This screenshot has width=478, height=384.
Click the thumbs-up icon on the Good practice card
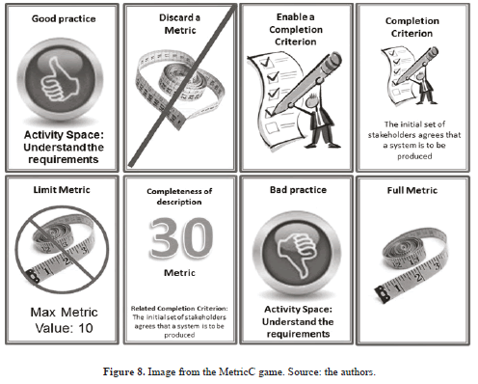coord(61,80)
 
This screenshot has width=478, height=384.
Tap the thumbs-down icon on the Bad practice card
coord(297,254)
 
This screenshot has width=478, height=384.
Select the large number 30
coord(181,238)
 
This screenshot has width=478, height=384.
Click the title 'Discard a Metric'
coord(180,24)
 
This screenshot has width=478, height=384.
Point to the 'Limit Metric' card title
coord(62,190)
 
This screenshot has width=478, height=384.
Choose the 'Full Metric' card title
coord(412,190)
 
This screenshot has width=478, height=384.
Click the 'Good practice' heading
coord(64,18)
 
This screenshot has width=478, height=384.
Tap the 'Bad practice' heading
coord(298,190)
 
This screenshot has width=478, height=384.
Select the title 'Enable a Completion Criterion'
coord(296,29)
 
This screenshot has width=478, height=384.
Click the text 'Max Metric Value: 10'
coord(65,320)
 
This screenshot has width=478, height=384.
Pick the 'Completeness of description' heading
coord(179,197)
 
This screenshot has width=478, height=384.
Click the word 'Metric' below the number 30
coord(179,273)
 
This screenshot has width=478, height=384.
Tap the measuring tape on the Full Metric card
coord(412,264)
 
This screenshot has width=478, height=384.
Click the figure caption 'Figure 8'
coord(123,371)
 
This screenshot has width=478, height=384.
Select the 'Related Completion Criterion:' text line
coord(179,308)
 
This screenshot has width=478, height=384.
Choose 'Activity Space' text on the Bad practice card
coord(298,310)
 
